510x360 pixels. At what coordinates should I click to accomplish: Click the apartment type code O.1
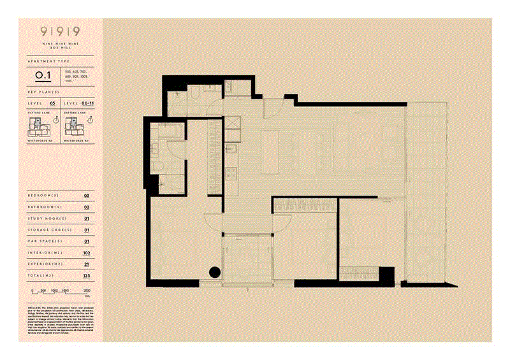[x=44, y=76]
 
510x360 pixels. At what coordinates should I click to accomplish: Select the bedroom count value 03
[x=87, y=195]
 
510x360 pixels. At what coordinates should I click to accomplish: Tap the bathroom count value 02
[x=87, y=206]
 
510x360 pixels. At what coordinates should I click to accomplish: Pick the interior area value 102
[x=87, y=253]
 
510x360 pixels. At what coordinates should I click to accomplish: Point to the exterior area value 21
[x=87, y=264]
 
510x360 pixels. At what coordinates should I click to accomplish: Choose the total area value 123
[x=87, y=276]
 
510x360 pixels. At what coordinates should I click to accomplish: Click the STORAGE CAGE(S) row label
[x=50, y=230]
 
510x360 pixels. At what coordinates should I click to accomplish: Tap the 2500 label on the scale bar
[x=87, y=291]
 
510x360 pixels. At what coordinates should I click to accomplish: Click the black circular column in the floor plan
[x=215, y=273]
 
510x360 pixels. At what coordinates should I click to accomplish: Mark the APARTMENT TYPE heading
[x=46, y=62]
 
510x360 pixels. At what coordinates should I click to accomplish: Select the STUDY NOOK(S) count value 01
[x=87, y=218]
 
